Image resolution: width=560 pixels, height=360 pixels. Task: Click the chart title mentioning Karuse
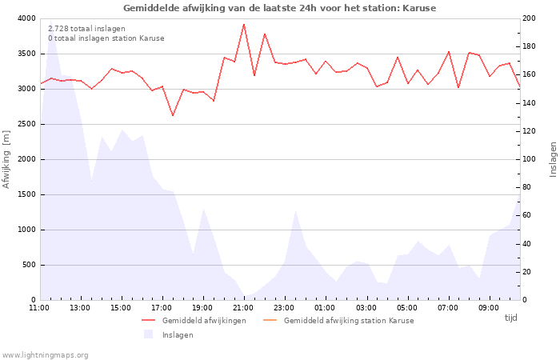tap(280, 8)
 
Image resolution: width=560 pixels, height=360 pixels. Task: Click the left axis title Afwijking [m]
tap(7, 159)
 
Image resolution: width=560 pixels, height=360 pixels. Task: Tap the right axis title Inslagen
tap(553, 159)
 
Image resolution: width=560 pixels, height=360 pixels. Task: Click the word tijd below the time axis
tap(510, 318)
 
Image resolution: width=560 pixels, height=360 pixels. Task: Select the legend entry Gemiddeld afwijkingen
tap(204, 321)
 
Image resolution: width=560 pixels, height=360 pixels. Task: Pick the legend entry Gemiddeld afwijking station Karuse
tap(348, 321)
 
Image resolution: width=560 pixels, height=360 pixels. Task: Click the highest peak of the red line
tap(244, 24)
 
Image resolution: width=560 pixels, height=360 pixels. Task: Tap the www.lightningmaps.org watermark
tap(46, 355)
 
